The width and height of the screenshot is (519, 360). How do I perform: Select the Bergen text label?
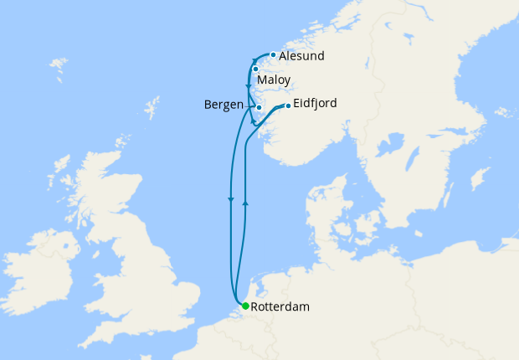(224, 105)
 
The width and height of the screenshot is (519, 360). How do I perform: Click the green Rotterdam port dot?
(244, 306)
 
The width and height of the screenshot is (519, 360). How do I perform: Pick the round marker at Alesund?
(273, 55)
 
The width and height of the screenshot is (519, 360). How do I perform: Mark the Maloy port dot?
(255, 69)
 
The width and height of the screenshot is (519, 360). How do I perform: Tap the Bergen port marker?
(259, 107)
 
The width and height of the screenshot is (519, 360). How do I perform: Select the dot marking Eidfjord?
(288, 105)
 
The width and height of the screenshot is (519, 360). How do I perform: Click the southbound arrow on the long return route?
(230, 198)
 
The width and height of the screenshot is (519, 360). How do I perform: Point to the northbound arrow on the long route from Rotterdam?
(244, 203)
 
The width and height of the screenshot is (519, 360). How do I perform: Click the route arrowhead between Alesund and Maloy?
(254, 60)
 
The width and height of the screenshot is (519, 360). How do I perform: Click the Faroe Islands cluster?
(58, 64)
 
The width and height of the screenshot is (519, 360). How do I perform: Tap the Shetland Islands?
(152, 109)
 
